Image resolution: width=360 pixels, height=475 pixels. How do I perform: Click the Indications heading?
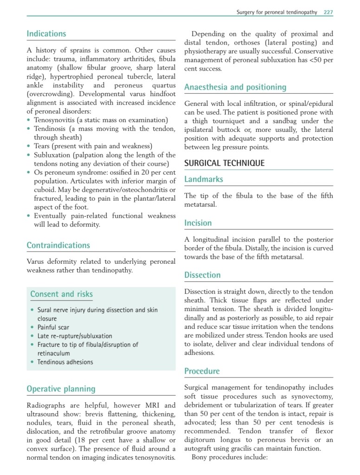pyautogui.click(x=46, y=34)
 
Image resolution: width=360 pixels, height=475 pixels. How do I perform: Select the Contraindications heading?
pyautogui.click(x=58, y=245)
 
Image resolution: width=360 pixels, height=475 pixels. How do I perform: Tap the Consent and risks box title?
pyautogui.click(x=61, y=294)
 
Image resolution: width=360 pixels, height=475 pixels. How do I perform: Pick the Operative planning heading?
pyautogui.click(x=61, y=389)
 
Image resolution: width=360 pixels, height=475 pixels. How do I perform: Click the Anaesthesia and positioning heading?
pyautogui.click(x=235, y=87)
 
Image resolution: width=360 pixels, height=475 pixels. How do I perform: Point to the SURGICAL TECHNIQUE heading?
pyautogui.click(x=225, y=163)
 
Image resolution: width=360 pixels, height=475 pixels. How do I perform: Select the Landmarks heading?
pyautogui.click(x=204, y=179)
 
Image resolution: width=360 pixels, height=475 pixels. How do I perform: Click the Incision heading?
pyautogui.click(x=198, y=223)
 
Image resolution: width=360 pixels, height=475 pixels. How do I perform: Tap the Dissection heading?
pyautogui.click(x=202, y=275)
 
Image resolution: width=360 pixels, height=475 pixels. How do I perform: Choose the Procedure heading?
pyautogui.click(x=202, y=371)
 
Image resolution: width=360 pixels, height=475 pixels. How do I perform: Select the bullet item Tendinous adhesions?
pyautogui.click(x=65, y=362)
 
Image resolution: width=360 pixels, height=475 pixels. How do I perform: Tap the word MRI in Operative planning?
pyautogui.click(x=157, y=406)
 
